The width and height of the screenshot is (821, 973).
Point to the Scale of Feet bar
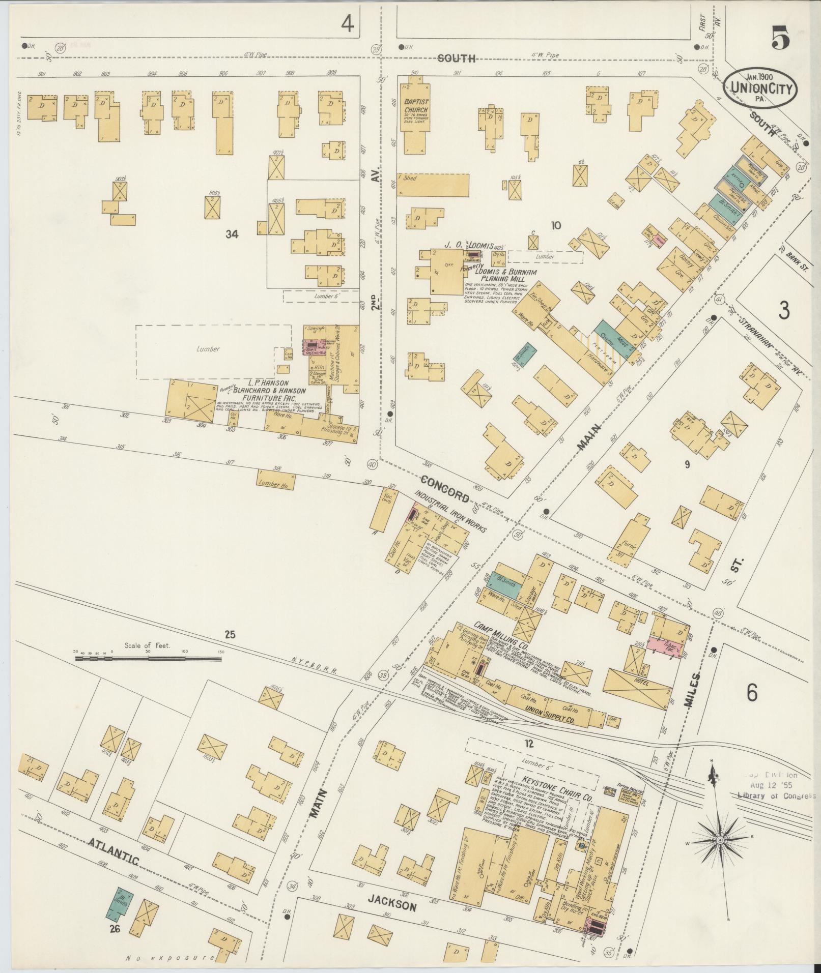pyautogui.click(x=148, y=659)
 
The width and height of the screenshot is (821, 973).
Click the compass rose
pyautogui.click(x=720, y=840)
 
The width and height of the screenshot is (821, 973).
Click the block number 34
pyautogui.click(x=232, y=234)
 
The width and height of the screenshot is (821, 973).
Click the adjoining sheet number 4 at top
pyautogui.click(x=348, y=23)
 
